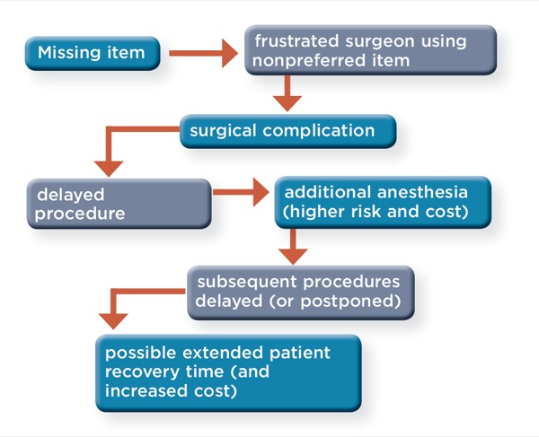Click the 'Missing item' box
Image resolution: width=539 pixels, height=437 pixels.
93,53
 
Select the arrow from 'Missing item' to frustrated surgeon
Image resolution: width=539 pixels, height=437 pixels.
204,53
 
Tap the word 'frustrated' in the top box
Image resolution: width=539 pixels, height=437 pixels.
296,41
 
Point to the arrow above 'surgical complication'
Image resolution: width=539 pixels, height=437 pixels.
287,92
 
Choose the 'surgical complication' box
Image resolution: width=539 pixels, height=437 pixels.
288,131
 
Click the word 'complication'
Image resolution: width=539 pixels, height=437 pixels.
319,131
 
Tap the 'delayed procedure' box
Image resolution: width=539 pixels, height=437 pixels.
119,204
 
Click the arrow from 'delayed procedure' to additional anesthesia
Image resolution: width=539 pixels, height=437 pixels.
241,192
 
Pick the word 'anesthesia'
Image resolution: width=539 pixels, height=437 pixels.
423,192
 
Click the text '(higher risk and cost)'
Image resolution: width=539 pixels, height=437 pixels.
376,212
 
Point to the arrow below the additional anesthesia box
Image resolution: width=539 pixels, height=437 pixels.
293,247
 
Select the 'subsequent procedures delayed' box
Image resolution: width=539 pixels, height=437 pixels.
301,293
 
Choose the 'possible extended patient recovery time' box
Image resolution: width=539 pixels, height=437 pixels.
228,372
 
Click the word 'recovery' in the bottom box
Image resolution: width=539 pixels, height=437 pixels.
142,372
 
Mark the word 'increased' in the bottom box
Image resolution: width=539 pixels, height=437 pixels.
146,391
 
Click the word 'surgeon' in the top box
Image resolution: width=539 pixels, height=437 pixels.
380,41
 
